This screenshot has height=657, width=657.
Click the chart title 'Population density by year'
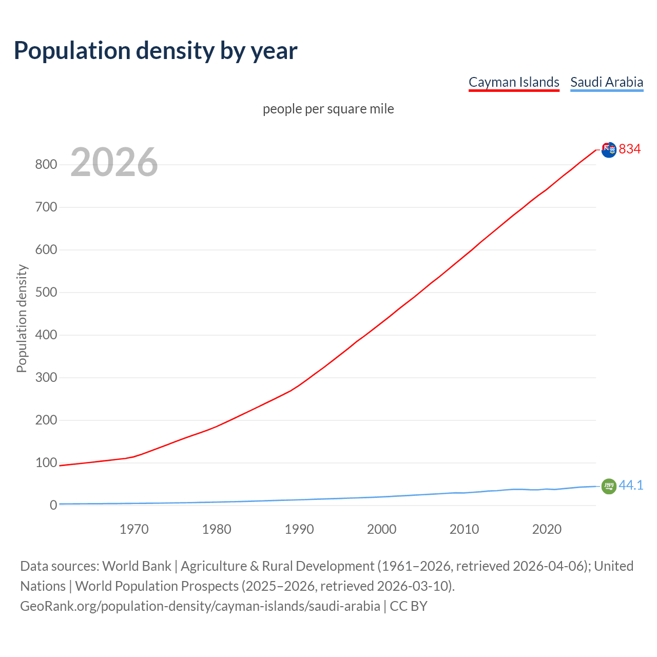[x=156, y=50]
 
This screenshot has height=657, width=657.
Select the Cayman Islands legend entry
[x=514, y=82]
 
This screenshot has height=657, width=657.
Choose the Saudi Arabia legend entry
[x=607, y=82]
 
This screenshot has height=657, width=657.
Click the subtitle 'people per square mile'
[x=328, y=109]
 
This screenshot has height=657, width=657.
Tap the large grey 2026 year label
[x=114, y=162]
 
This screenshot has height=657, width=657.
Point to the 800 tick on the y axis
[x=46, y=165]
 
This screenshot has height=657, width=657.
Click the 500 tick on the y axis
[x=46, y=293]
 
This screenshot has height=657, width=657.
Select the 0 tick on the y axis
[x=53, y=506]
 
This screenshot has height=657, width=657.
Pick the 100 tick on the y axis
[x=46, y=463]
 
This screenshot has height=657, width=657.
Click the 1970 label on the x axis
[x=134, y=529]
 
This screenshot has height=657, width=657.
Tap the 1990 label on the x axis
[x=299, y=529]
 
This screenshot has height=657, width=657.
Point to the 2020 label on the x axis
[x=547, y=529]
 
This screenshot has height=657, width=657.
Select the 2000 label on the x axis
[x=381, y=529]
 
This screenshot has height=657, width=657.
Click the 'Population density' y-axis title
[x=22, y=318]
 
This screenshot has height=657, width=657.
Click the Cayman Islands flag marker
[x=609, y=150]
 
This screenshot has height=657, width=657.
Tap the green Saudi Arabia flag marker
[x=609, y=486]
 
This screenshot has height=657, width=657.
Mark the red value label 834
[x=630, y=149]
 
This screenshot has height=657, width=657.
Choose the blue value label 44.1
[x=631, y=485]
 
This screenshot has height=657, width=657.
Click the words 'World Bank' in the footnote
[x=137, y=566]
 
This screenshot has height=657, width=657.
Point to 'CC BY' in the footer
[x=409, y=606]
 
